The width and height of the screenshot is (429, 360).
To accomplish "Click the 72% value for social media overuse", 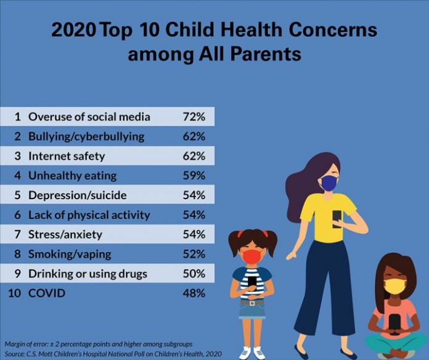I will [x=194, y=117].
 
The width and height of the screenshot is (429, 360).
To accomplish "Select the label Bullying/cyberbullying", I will [x=86, y=136].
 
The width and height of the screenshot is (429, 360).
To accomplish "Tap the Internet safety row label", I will [x=67, y=156].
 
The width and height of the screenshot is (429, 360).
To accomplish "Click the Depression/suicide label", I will [x=78, y=195].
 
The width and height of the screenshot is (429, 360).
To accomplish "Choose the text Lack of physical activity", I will [x=90, y=215].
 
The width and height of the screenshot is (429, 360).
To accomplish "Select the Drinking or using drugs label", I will [x=88, y=274].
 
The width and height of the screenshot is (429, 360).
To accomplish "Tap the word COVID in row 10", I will [x=46, y=293].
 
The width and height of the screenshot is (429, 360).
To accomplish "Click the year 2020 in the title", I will [x=73, y=31].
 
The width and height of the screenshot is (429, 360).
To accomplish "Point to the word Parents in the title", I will [x=268, y=54].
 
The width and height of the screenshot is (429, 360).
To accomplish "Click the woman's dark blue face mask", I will [x=330, y=183].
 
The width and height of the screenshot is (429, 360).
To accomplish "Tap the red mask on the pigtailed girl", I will [x=251, y=255].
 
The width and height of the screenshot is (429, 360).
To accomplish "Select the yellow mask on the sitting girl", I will [x=395, y=285].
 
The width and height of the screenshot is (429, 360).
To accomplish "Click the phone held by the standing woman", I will [x=337, y=218].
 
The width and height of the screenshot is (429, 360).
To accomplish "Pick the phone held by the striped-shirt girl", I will [x=252, y=281].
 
